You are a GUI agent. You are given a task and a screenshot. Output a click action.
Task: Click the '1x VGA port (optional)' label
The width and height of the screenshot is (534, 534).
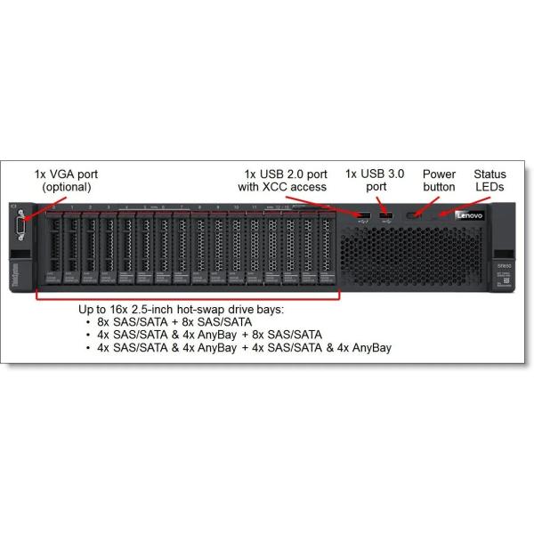66,181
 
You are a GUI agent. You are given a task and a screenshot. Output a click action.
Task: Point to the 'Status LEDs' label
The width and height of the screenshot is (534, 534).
490,181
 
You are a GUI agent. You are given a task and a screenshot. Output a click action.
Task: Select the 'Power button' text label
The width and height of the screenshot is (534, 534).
439,181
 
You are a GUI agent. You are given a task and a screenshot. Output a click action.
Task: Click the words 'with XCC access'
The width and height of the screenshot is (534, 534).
282,187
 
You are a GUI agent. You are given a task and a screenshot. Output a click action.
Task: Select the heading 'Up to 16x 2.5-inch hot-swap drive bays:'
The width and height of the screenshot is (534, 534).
182,308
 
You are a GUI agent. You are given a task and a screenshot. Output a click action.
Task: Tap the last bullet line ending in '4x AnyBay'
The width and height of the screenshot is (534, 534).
244,347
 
